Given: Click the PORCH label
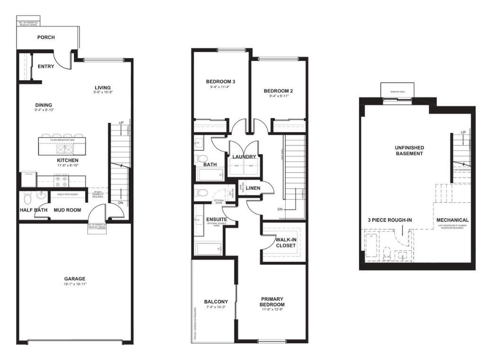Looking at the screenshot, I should (46, 37).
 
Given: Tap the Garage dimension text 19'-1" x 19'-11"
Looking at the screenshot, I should (75, 284).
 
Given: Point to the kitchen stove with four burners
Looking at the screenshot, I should (62, 180).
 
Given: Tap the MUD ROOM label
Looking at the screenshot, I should (67, 210).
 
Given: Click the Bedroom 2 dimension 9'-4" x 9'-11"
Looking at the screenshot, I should (276, 96).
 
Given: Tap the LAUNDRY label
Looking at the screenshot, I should (244, 157).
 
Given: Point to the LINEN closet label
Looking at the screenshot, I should (253, 188).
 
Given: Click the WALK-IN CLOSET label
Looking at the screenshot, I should (286, 243).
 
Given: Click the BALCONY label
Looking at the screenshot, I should (216, 302).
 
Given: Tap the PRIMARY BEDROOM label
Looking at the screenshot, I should (272, 302).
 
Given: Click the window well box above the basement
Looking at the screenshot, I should (397, 90).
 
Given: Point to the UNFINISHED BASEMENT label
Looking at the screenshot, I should (410, 151).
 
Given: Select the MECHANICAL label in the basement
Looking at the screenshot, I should (452, 220).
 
